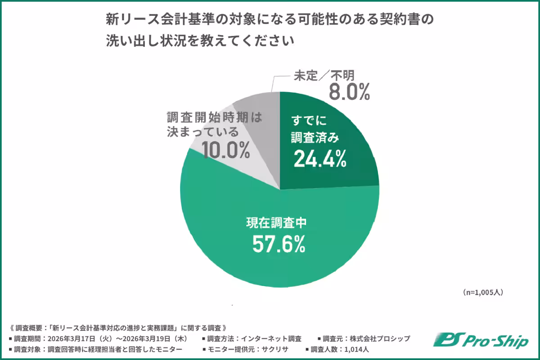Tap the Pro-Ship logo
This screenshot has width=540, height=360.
pyautogui.click(x=481, y=340)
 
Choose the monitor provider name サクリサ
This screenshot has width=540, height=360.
pyautogui.click(x=277, y=349)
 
